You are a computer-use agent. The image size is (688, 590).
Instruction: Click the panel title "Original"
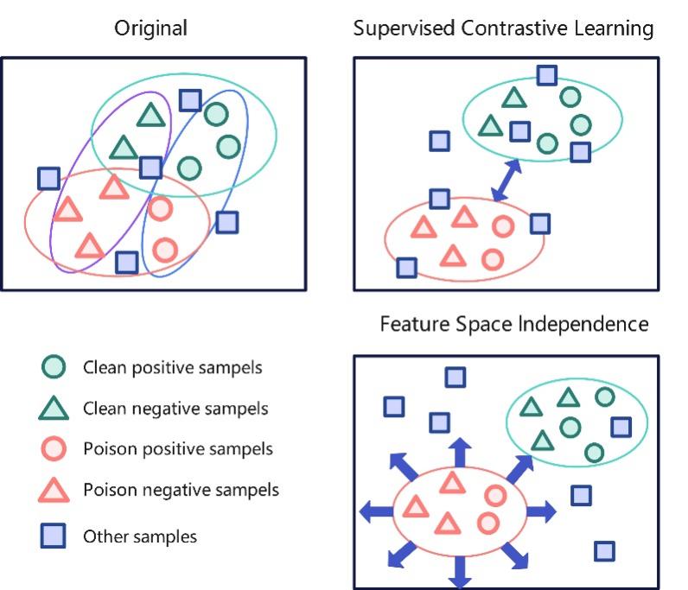click(x=151, y=29)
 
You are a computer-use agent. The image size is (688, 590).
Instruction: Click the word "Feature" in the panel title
click(x=414, y=325)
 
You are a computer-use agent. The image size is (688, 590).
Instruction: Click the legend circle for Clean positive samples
click(x=54, y=368)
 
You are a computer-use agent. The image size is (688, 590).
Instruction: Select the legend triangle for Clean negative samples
click(x=54, y=409)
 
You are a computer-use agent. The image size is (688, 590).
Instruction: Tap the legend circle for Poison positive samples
click(x=54, y=449)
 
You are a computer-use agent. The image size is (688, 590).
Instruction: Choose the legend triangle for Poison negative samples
click(x=54, y=491)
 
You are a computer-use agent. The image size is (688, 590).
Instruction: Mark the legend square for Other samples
click(x=54, y=537)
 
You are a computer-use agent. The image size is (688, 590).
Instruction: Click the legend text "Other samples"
click(x=140, y=537)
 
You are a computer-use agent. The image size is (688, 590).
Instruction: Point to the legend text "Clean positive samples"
click(x=173, y=368)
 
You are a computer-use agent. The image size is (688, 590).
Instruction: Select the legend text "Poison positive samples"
click(x=178, y=449)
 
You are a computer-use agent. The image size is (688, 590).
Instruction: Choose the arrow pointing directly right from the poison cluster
click(x=542, y=511)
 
